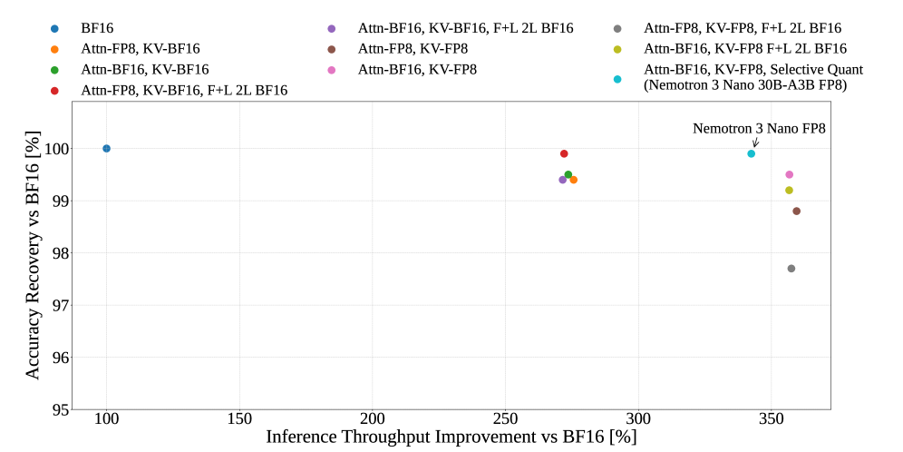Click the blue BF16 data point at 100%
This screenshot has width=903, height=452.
coord(107,149)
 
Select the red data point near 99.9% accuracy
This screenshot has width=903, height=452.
coord(564,153)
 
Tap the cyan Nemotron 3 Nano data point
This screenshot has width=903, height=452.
coord(752,153)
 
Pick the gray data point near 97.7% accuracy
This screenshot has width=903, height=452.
coord(791,269)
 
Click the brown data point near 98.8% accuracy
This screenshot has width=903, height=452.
coord(796,211)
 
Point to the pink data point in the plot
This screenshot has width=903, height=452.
coord(790,174)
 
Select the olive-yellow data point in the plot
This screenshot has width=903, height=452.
coord(790,191)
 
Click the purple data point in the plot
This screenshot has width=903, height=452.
coord(563,180)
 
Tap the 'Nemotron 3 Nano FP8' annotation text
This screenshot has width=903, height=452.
coord(759,129)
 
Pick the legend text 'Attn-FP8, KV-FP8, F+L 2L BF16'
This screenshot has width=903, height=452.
coord(743,27)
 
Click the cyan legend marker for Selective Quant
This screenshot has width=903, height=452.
coord(617,79)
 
